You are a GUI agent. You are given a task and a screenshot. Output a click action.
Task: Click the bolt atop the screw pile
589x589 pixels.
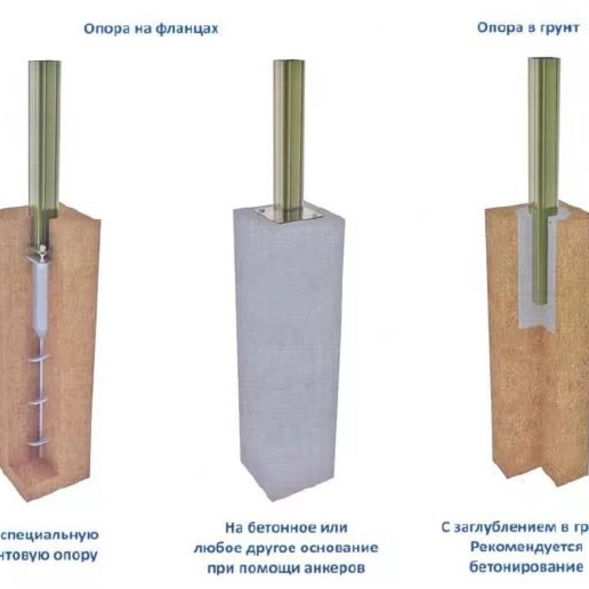(x=41, y=251)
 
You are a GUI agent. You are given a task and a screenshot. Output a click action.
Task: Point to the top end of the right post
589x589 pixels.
(x=543, y=61)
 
